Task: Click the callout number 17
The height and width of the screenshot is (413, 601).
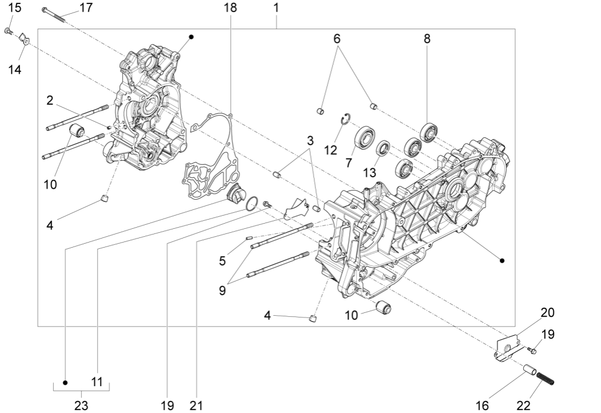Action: point(86,7)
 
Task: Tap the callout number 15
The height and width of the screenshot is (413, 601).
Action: point(15,7)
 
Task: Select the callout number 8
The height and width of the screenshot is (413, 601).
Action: point(427,39)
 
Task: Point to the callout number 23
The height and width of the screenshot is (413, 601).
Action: point(81,405)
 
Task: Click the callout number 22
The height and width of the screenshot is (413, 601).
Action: point(523,405)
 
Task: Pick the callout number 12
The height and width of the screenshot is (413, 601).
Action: point(331,150)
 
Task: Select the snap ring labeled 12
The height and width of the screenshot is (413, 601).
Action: point(345,118)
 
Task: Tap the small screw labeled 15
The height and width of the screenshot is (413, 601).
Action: point(9,30)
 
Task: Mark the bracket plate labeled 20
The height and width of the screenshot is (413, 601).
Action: point(507,348)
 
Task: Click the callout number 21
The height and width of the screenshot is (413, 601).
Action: point(196,405)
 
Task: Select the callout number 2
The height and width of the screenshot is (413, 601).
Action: point(50,101)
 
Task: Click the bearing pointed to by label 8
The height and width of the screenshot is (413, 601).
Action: point(428,132)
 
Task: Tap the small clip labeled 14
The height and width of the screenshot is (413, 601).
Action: point(25,39)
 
